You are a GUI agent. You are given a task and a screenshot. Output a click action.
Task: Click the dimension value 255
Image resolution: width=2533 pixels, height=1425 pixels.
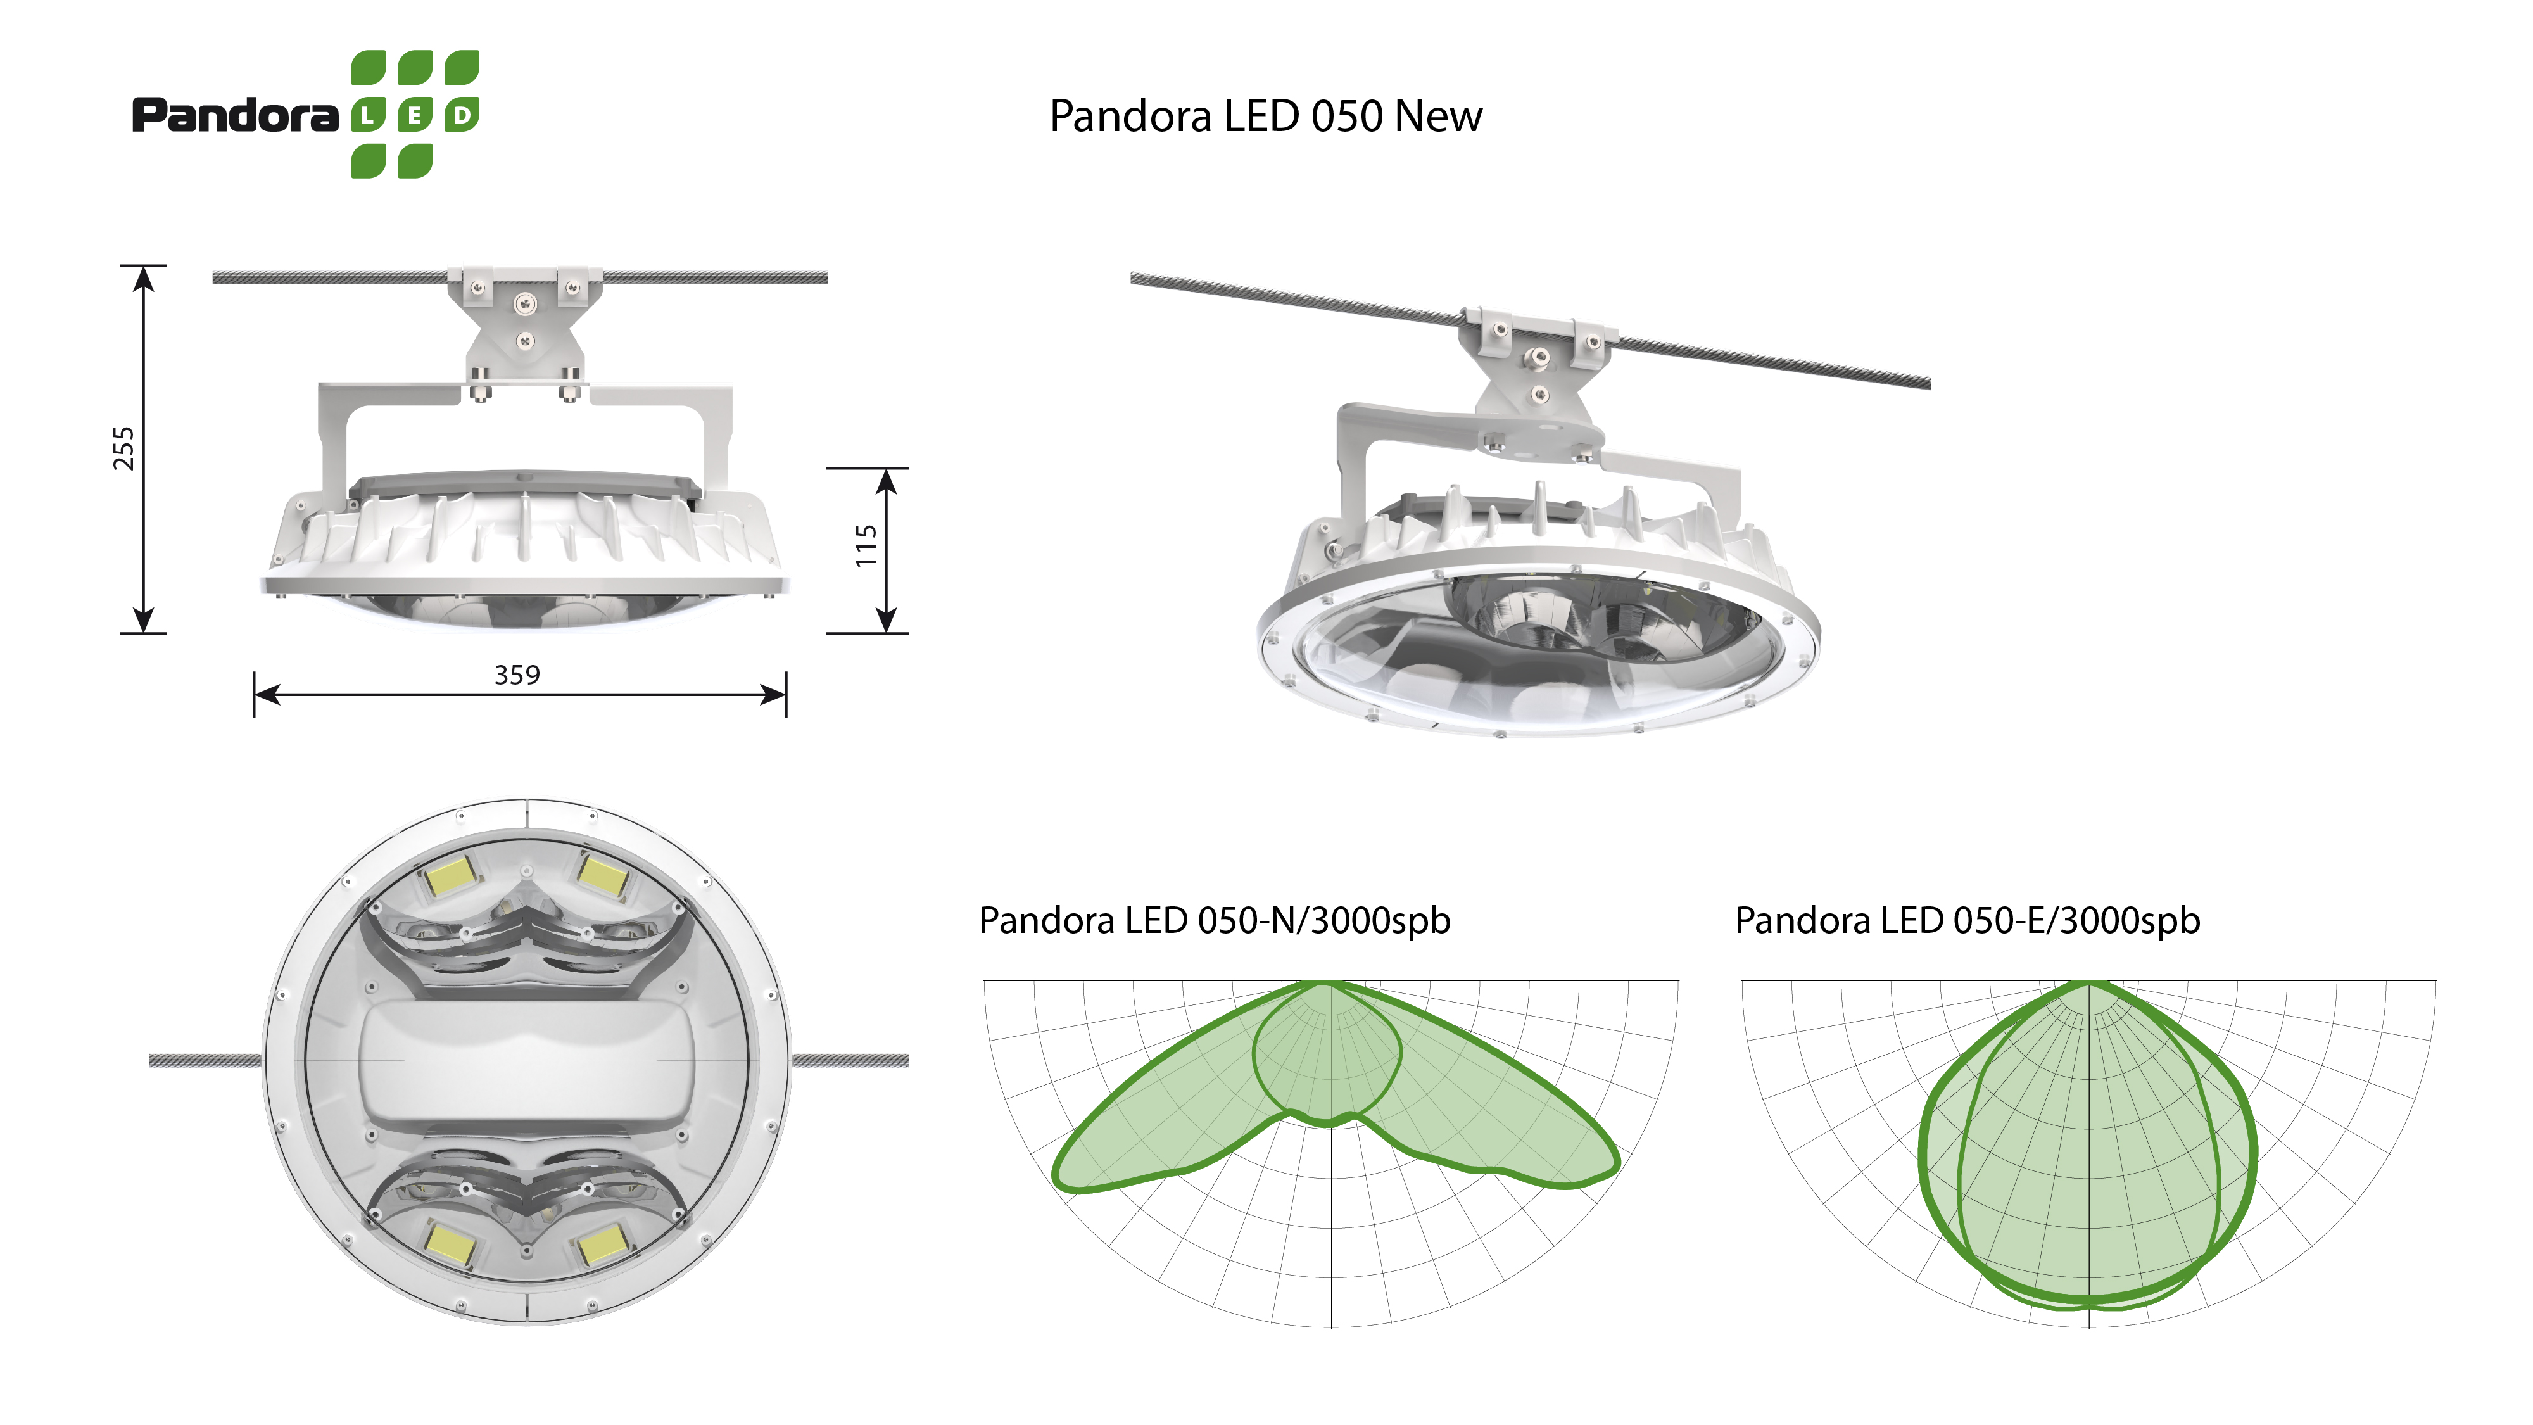click(x=123, y=448)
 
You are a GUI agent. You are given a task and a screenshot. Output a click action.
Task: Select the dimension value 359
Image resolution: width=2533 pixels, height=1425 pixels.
click(x=517, y=674)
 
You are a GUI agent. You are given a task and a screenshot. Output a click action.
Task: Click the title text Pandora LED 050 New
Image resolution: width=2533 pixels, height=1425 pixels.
click(x=1265, y=116)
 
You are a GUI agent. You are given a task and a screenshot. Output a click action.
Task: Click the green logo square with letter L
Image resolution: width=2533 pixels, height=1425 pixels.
click(x=368, y=115)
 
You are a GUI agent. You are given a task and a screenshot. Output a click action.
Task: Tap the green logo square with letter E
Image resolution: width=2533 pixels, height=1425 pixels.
click(x=415, y=115)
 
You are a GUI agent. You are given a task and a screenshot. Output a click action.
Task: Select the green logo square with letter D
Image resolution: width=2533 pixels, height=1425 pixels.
click(x=462, y=115)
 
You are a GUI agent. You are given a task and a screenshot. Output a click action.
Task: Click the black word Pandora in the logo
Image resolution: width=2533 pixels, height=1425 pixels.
click(x=236, y=115)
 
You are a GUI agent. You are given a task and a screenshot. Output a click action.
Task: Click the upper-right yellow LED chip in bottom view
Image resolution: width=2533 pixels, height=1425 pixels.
click(x=602, y=874)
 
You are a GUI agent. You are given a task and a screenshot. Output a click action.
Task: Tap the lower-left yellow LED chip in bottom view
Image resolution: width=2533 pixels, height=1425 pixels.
click(x=450, y=1246)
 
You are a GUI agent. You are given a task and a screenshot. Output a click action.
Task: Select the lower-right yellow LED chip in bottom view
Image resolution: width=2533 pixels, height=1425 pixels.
click(x=601, y=1246)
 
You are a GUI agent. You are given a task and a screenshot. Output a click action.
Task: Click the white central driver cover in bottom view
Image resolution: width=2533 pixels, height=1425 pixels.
click(x=527, y=1062)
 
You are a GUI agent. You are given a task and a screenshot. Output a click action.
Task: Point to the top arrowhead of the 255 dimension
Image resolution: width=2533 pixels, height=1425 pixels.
click(x=144, y=278)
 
